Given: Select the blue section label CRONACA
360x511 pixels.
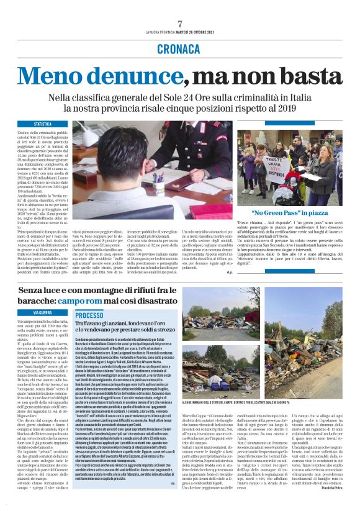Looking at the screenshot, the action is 180,48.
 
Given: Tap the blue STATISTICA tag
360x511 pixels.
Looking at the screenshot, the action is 43,125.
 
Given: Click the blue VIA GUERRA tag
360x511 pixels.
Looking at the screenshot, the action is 43,313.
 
